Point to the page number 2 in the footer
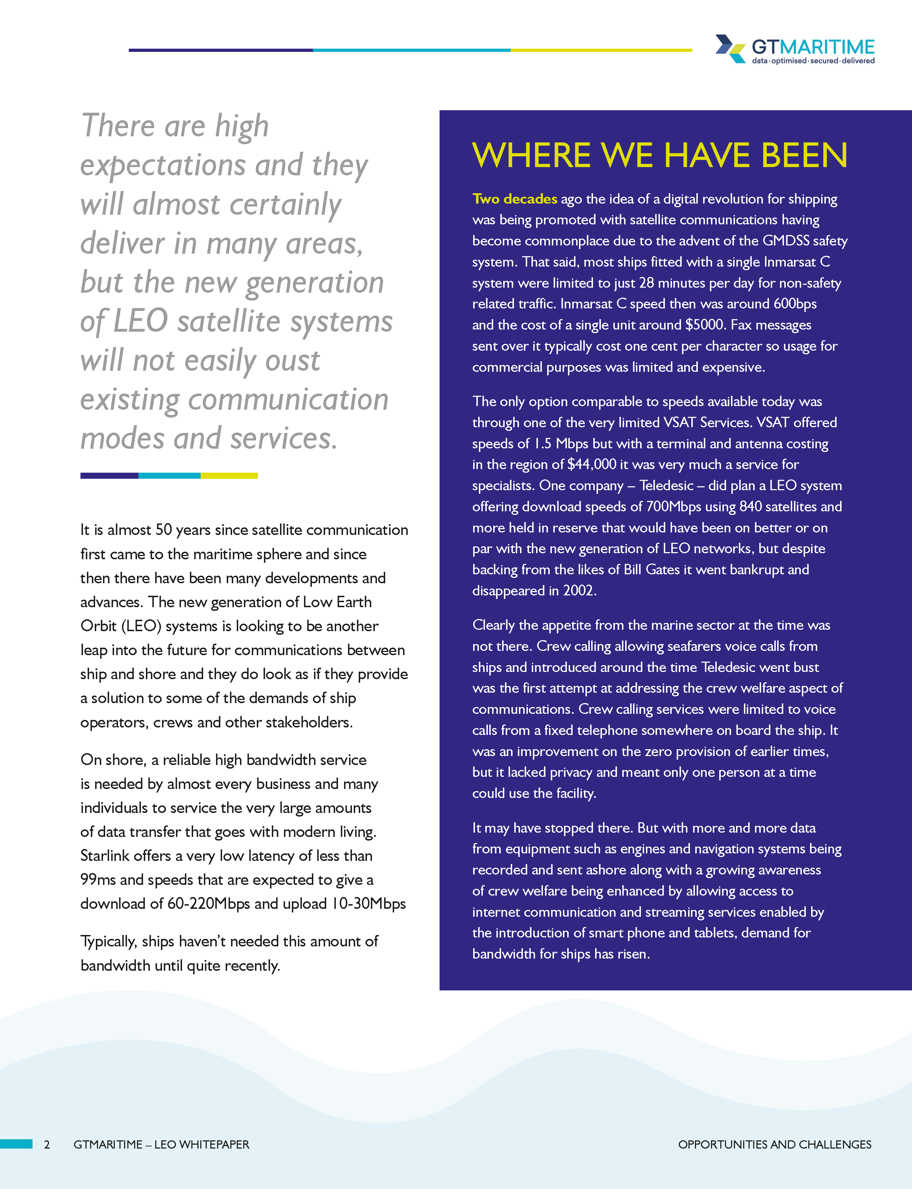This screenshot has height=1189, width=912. (47, 1145)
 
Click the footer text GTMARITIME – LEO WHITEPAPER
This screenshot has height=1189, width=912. (161, 1145)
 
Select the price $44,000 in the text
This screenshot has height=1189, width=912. (591, 464)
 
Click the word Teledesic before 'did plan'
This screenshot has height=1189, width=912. (666, 486)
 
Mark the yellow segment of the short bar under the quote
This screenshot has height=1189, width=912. (229, 476)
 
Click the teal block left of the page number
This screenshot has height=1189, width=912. (16, 1144)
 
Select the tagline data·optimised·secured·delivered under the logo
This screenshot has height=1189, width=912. (813, 61)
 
